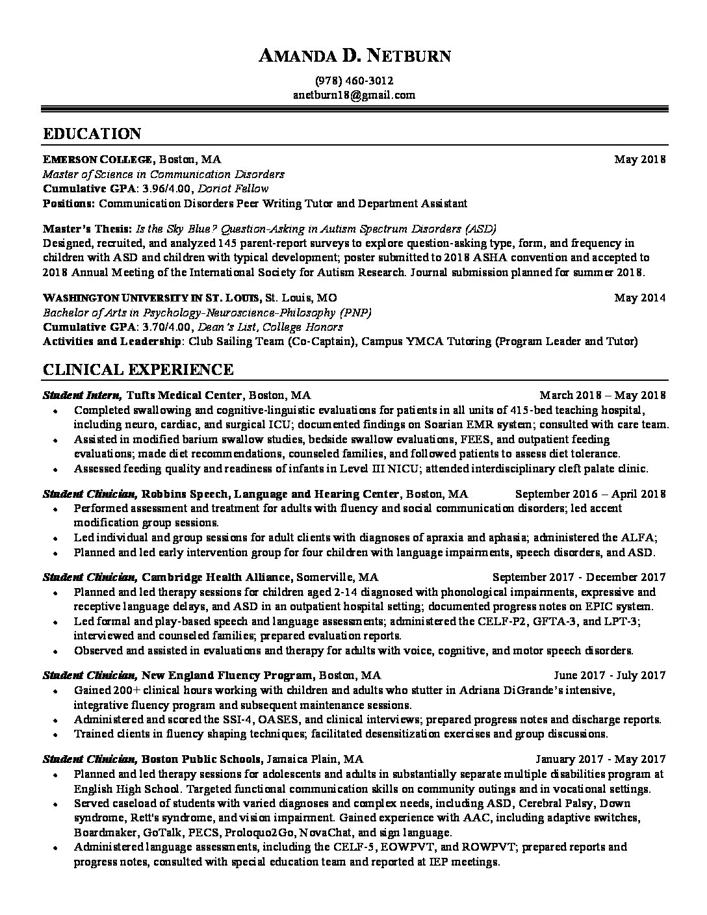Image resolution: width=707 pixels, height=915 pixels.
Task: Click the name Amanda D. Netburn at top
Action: [x=353, y=57]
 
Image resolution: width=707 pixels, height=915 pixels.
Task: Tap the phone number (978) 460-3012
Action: [x=353, y=81]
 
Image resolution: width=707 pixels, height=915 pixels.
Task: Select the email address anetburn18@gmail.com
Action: [x=353, y=95]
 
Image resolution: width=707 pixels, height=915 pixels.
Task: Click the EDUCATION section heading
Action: [x=92, y=135]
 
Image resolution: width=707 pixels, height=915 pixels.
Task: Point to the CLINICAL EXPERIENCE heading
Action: [x=138, y=370]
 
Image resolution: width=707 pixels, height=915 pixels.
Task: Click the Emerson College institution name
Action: [x=98, y=159]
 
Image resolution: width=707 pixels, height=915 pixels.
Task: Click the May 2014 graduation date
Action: [x=640, y=298]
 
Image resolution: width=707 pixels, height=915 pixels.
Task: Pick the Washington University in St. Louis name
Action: [x=151, y=298]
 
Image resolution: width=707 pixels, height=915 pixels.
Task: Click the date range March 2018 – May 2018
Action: [x=602, y=395]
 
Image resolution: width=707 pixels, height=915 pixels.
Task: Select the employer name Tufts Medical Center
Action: [x=185, y=395]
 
